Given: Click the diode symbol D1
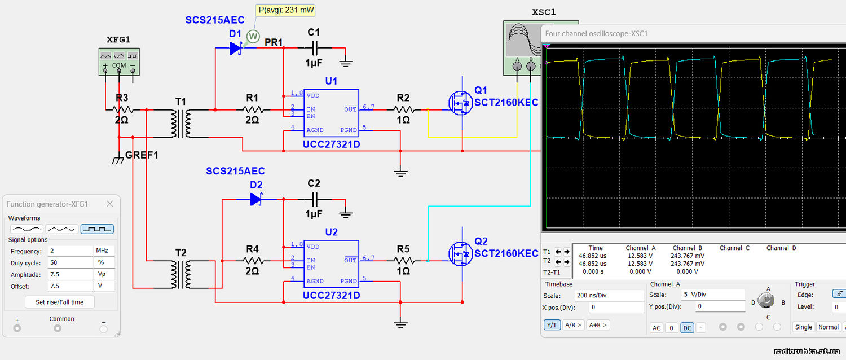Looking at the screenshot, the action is click(236, 48).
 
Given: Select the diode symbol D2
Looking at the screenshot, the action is click(257, 199).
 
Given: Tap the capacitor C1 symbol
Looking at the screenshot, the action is click(315, 48).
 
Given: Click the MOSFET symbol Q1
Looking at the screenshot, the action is click(461, 103).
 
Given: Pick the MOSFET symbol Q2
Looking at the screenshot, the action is click(461, 253).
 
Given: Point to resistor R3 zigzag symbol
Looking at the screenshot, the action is click(122, 110).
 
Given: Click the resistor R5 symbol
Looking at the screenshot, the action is click(404, 261).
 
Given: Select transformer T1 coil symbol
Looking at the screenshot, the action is click(181, 124).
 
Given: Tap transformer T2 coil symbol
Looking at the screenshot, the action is click(181, 274).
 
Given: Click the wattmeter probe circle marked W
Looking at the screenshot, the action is click(253, 37).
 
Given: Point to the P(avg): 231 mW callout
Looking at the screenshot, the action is click(285, 10).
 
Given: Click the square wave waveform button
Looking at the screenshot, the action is click(97, 229).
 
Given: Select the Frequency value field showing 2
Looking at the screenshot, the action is click(70, 251).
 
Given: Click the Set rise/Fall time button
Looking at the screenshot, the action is click(60, 302).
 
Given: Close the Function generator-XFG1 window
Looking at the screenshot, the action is click(110, 204).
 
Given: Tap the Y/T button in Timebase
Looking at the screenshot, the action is click(552, 325).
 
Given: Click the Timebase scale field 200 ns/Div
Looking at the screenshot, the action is click(609, 295).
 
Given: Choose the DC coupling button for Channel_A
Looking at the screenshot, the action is click(687, 327).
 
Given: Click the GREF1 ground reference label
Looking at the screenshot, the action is click(142, 155).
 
